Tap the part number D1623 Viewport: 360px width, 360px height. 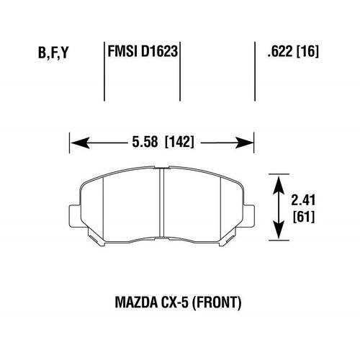pos(160,53)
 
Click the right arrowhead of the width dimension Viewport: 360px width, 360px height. pos(248,142)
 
